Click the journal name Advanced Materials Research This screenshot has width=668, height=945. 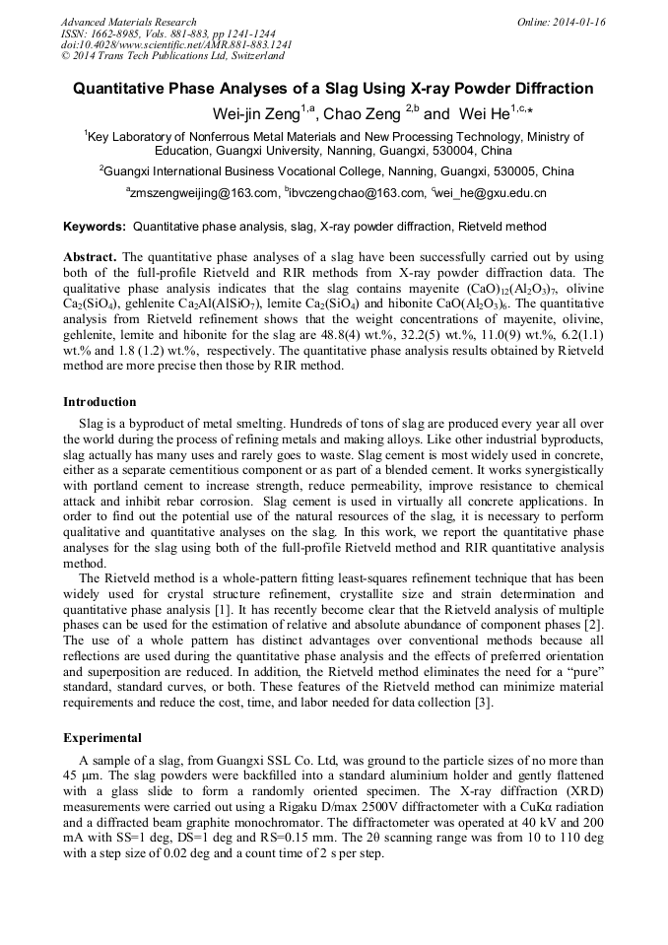[128, 22]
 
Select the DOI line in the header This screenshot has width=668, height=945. [176, 45]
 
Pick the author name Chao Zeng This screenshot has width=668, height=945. [363, 114]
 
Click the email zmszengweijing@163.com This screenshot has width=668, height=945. [202, 194]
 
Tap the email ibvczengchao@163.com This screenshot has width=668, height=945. [356, 194]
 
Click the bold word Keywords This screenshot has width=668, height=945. [95, 227]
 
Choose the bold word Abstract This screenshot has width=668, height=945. [90, 256]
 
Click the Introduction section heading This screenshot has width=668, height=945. [100, 402]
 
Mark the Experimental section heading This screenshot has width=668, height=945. [102, 737]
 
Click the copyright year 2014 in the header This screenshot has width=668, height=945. [86, 56]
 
